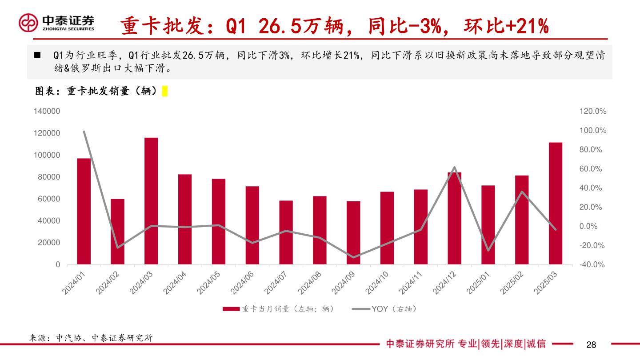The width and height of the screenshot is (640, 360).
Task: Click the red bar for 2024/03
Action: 151,201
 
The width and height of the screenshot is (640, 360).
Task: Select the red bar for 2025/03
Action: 556,203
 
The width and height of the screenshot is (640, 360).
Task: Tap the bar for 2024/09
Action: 353,232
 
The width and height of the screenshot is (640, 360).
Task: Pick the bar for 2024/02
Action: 117,232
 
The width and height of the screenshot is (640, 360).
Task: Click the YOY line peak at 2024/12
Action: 454,168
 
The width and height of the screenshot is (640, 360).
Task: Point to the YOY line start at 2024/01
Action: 84,132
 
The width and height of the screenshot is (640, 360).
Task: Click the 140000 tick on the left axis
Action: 47,112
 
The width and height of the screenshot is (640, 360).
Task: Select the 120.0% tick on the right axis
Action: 593,112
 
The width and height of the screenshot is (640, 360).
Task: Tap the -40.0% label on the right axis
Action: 593,264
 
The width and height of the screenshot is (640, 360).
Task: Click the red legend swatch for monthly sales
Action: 231,309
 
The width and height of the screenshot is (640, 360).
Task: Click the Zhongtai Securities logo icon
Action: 28,23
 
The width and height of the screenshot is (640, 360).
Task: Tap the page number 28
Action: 591,345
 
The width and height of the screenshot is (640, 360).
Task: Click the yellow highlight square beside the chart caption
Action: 164,91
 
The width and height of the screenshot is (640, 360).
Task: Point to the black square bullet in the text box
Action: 37,56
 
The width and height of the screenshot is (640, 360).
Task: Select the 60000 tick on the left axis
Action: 49,199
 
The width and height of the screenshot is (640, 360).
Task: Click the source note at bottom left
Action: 91,338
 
